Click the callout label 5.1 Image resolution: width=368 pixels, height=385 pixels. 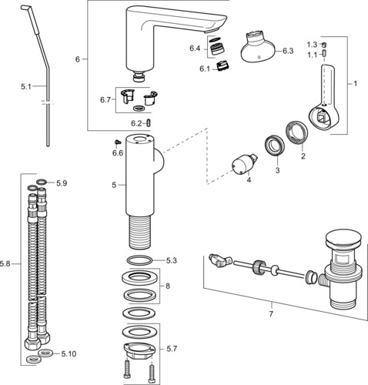click(x=25, y=86)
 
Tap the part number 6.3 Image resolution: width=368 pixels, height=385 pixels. click(x=288, y=51)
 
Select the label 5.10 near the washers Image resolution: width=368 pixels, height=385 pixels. click(x=69, y=354)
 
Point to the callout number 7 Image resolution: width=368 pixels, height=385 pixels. click(x=271, y=314)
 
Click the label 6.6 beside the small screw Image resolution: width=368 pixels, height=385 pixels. click(x=118, y=153)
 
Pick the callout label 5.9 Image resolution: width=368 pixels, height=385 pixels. click(x=62, y=183)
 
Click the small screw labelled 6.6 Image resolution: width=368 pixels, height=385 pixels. click(x=118, y=142)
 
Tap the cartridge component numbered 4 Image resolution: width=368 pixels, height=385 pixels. click(x=244, y=163)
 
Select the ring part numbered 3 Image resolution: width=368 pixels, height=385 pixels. click(x=274, y=146)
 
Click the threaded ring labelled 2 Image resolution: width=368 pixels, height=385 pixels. click(x=296, y=133)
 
